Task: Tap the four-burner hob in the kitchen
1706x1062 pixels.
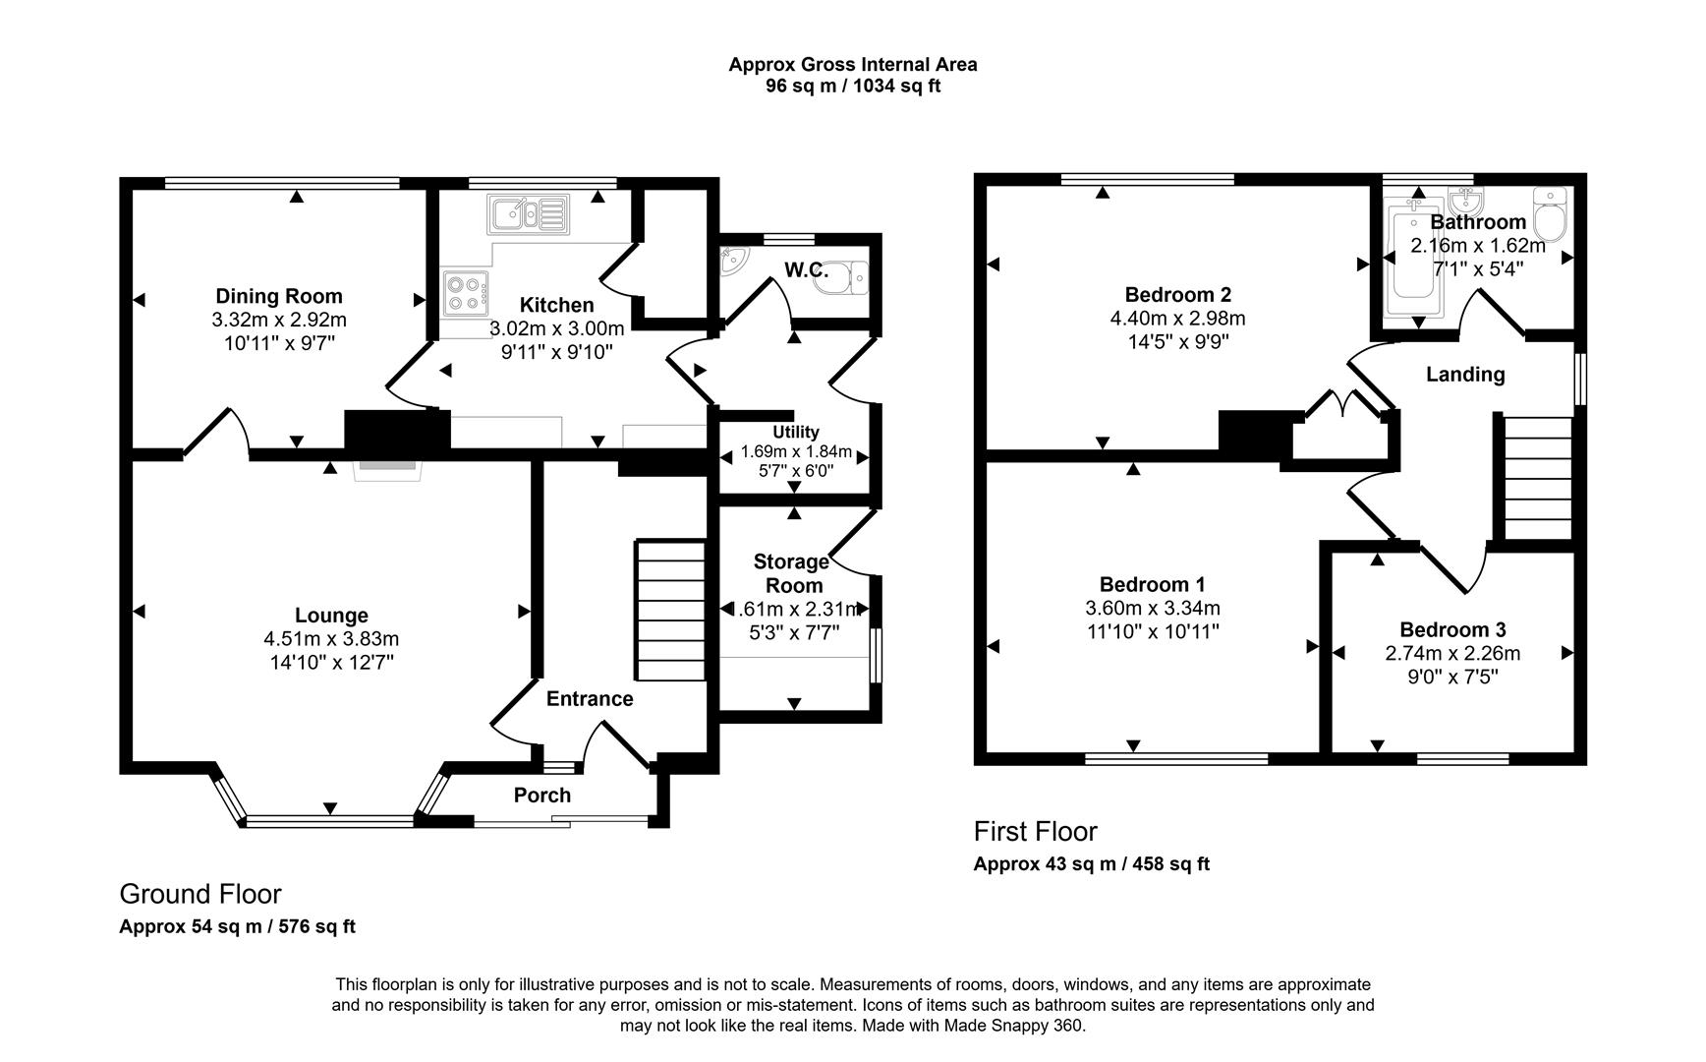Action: pos(465,292)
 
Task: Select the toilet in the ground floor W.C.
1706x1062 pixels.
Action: pos(855,278)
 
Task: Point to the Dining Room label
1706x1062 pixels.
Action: pos(279,296)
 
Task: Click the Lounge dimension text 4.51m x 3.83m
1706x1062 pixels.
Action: pos(331,639)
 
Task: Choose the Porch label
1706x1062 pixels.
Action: pos(541,795)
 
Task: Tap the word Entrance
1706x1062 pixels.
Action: pos(589,698)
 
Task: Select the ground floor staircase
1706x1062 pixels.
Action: pos(671,609)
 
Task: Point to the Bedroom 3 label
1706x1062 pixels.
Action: pos(1452,629)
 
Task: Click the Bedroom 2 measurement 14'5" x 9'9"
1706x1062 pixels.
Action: pos(1177,341)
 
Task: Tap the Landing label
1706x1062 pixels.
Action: pos(1464,374)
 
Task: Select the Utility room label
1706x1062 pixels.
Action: pos(795,432)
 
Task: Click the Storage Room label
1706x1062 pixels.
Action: pos(791,573)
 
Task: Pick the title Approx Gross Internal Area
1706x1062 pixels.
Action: pos(852,65)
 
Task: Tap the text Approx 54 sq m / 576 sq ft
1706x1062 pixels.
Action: pos(237,926)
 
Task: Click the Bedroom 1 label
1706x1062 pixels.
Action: pos(1152,584)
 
